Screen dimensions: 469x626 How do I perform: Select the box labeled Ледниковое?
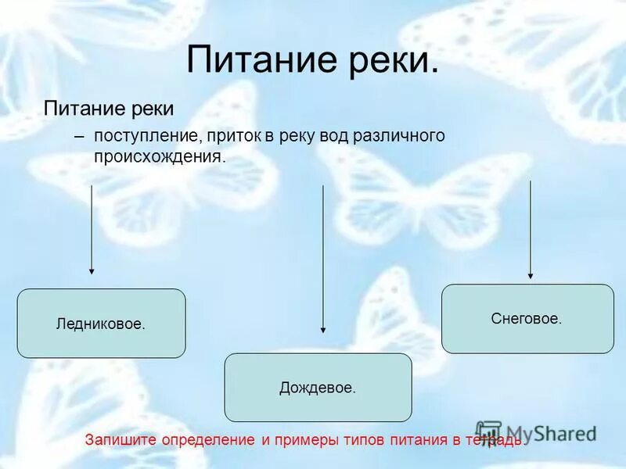101,324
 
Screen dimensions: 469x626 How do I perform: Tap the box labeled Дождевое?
318,388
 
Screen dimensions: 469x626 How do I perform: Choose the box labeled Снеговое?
527,319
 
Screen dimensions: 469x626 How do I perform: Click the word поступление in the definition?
144,136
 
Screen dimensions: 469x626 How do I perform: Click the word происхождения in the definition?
160,157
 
